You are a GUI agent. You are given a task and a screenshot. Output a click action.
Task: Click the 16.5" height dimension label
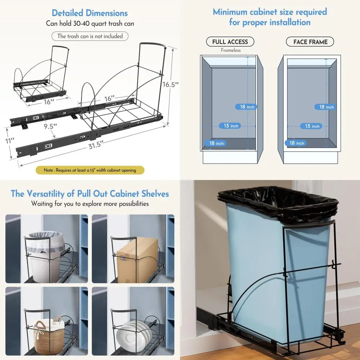click(x=170, y=85)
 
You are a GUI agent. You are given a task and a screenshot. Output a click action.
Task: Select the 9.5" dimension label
click(x=51, y=126)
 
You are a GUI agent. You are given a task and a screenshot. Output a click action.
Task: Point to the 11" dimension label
click(x=10, y=140)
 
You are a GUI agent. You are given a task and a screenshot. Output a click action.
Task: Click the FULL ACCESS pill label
click(x=230, y=42)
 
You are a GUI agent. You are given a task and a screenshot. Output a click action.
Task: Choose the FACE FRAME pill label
click(x=310, y=42)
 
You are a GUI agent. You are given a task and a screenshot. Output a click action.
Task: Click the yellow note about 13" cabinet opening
click(x=90, y=170)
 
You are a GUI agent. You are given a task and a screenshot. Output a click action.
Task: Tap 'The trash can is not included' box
click(x=90, y=36)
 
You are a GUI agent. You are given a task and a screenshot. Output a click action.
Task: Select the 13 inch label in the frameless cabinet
click(x=231, y=126)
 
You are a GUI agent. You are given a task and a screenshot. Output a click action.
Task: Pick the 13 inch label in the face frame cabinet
click(x=312, y=126)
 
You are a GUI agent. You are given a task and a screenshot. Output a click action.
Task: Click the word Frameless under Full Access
click(x=231, y=50)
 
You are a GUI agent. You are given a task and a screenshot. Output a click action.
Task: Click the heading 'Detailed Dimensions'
click(x=90, y=13)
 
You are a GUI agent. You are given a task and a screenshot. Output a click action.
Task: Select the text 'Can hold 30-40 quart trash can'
click(x=90, y=24)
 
